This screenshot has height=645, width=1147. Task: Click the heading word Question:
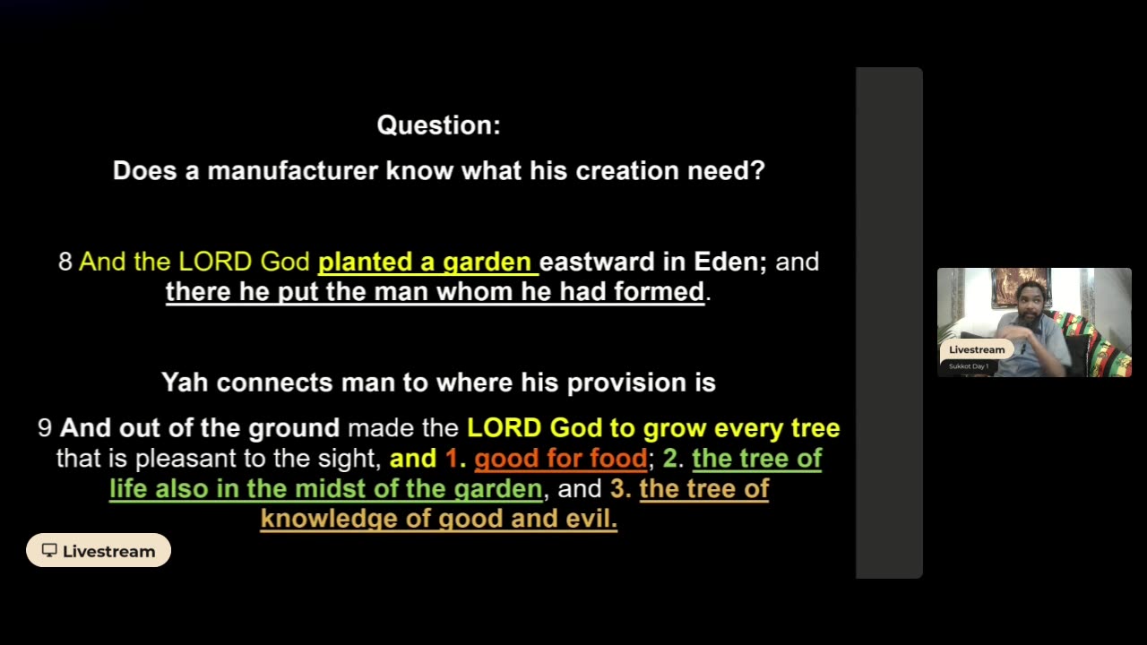pos(439,125)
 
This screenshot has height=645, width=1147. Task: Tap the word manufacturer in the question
pos(293,170)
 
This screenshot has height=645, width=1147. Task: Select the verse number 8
pos(65,262)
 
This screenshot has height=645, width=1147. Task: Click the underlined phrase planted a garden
pos(428,262)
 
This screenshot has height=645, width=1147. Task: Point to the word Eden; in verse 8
pos(730,262)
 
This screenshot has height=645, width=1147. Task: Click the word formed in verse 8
pos(659,292)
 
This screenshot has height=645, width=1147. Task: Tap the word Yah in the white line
pos(185,383)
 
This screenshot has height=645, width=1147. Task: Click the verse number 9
pos(45,428)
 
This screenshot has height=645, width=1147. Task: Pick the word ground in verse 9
pos(294,428)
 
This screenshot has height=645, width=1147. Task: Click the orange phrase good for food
pos(561,458)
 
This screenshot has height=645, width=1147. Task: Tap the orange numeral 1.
pos(455,458)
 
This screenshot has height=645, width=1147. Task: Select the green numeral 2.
pos(673,458)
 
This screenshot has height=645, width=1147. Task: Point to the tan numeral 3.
pos(621,488)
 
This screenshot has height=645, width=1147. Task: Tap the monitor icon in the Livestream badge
pos(49,550)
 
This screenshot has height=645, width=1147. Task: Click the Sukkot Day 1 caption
pos(969,366)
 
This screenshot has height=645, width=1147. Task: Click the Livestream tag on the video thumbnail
pos(977,349)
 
